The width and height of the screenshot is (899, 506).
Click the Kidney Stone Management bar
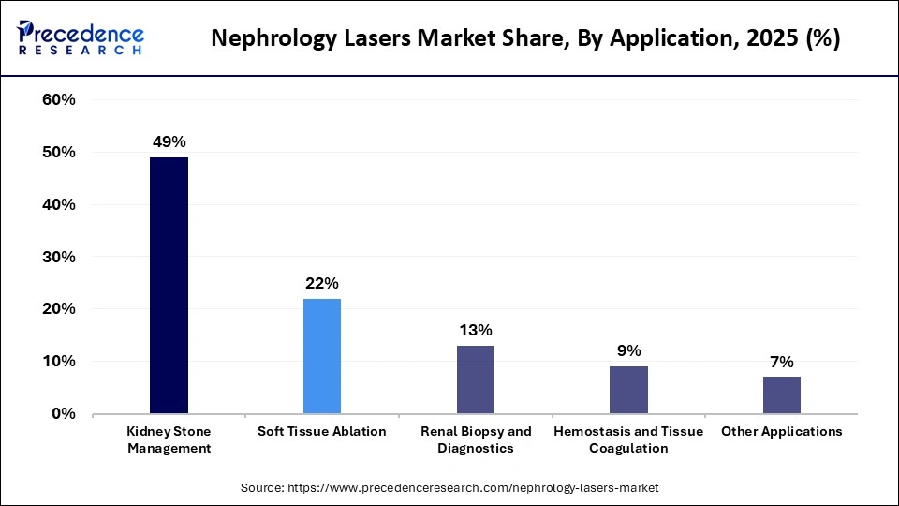pos(169,285)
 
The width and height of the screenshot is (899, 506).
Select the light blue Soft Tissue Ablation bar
pos(322,356)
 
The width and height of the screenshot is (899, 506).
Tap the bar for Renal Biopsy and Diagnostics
pos(476,379)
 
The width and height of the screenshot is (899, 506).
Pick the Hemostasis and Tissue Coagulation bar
pos(628,390)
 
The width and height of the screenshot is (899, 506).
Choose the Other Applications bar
pos(782,394)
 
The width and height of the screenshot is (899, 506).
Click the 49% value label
pos(169,142)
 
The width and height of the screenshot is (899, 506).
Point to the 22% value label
pos(322,283)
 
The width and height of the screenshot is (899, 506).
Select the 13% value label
pos(476,330)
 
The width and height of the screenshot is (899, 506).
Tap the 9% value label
pos(629,350)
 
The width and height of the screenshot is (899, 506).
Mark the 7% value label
pos(782,362)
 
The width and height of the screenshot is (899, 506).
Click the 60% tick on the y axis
pos(59,100)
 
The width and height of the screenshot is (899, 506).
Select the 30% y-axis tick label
pos(59,257)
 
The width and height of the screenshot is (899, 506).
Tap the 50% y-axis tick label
pos(59,153)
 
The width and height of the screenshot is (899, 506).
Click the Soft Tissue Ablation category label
pos(322,432)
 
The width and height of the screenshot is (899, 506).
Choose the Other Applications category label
pos(782,432)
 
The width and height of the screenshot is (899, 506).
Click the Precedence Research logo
pos(80,37)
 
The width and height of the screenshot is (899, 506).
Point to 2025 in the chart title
pos(767,39)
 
